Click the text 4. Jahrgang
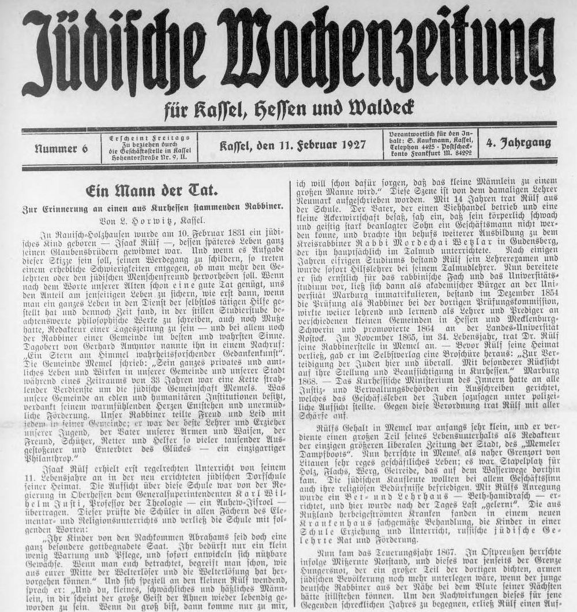click(x=518, y=143)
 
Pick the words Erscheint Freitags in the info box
click(x=149, y=137)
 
